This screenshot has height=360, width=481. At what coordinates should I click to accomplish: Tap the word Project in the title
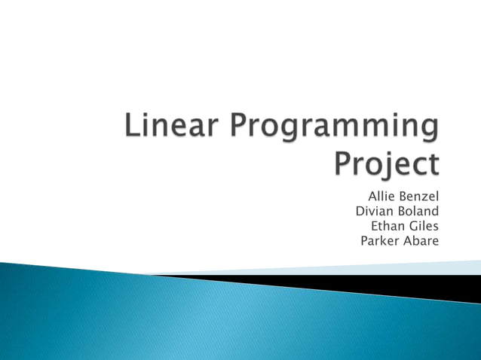coord(386,164)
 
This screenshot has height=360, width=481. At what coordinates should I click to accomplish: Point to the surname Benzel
coord(418,197)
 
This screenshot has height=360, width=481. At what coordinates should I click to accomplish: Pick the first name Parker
coord(379,241)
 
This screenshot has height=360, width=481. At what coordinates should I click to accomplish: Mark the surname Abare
coord(421,241)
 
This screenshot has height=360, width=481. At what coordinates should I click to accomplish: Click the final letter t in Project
coord(432,164)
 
